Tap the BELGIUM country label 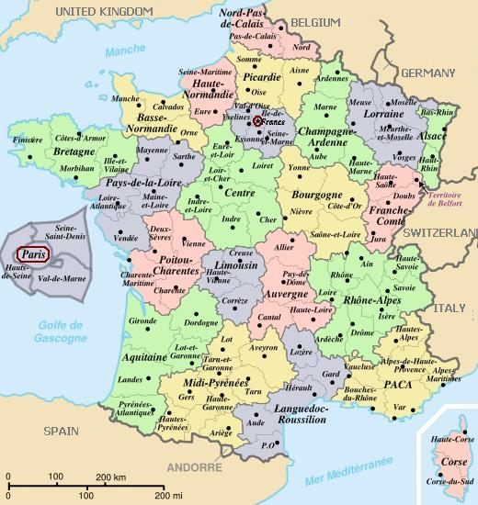click(x=315, y=21)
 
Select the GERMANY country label click(x=427, y=72)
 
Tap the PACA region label click(x=397, y=383)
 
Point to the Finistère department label click(x=28, y=140)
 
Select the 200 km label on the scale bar click(x=110, y=477)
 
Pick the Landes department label click(x=131, y=378)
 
